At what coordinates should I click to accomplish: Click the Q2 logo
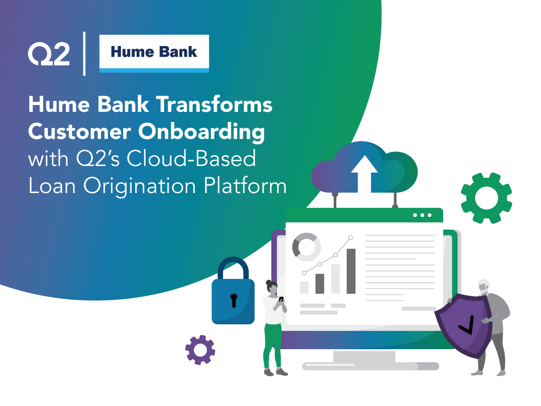point(49,54)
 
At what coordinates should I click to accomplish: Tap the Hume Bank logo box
point(154,54)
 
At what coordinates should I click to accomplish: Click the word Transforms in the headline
point(214,105)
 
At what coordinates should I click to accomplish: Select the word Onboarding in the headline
point(202,132)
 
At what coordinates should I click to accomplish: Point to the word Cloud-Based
point(191,158)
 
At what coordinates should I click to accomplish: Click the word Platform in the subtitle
point(245,185)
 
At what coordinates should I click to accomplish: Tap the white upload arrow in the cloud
point(364,174)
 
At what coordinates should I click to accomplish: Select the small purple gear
point(200,350)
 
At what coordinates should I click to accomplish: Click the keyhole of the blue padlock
point(234,300)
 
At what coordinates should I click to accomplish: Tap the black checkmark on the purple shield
point(467,325)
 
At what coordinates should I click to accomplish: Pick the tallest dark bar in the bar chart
point(351,271)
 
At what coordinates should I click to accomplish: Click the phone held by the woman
point(281,299)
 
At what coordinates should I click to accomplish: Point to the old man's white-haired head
point(484,287)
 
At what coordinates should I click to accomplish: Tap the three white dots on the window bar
point(422,215)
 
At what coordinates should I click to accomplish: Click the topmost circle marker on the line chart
point(350,238)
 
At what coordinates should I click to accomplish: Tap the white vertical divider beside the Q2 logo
point(84,54)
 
